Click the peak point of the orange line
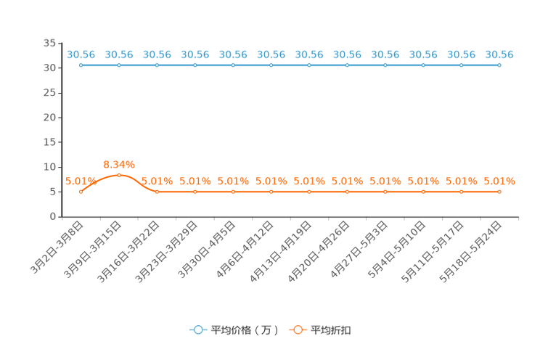tap(119, 175)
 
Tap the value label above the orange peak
tap(119, 164)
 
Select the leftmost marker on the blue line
tap(81, 65)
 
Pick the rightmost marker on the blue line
tap(499, 65)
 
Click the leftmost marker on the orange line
tap(81, 192)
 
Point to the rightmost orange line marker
tap(499, 192)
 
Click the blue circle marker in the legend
tap(197, 330)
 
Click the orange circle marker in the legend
tap(298, 330)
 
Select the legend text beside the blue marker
tap(244, 330)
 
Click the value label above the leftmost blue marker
tap(81, 54)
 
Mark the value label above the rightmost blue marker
tap(499, 54)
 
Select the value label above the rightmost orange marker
tap(499, 181)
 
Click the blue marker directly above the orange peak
tap(119, 65)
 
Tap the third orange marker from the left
tap(157, 192)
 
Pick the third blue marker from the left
tap(157, 65)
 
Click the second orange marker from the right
tap(461, 192)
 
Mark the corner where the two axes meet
tap(62, 216)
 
